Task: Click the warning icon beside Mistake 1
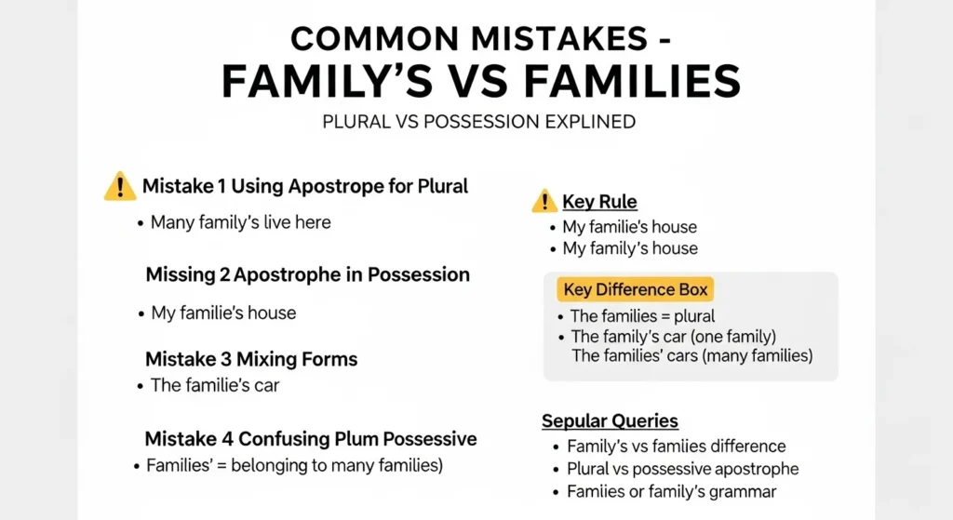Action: pyautogui.click(x=120, y=186)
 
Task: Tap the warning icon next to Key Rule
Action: pyautogui.click(x=544, y=201)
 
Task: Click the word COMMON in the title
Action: pyautogui.click(x=371, y=39)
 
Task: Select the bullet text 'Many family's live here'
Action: pyautogui.click(x=240, y=222)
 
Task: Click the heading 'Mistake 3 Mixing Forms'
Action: pyautogui.click(x=251, y=358)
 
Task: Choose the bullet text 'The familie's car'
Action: pyautogui.click(x=214, y=384)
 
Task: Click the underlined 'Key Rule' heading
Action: pyautogui.click(x=599, y=202)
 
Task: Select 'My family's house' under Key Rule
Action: pyautogui.click(x=629, y=248)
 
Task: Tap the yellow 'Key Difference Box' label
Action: pyautogui.click(x=636, y=289)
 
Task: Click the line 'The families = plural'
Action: pyautogui.click(x=642, y=316)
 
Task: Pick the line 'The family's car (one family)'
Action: pyautogui.click(x=673, y=337)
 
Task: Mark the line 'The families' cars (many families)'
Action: pyautogui.click(x=691, y=355)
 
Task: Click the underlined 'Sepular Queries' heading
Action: pyautogui.click(x=610, y=421)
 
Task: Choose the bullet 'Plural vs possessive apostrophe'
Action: pyautogui.click(x=682, y=469)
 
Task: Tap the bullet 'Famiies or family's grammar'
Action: pyautogui.click(x=671, y=492)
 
